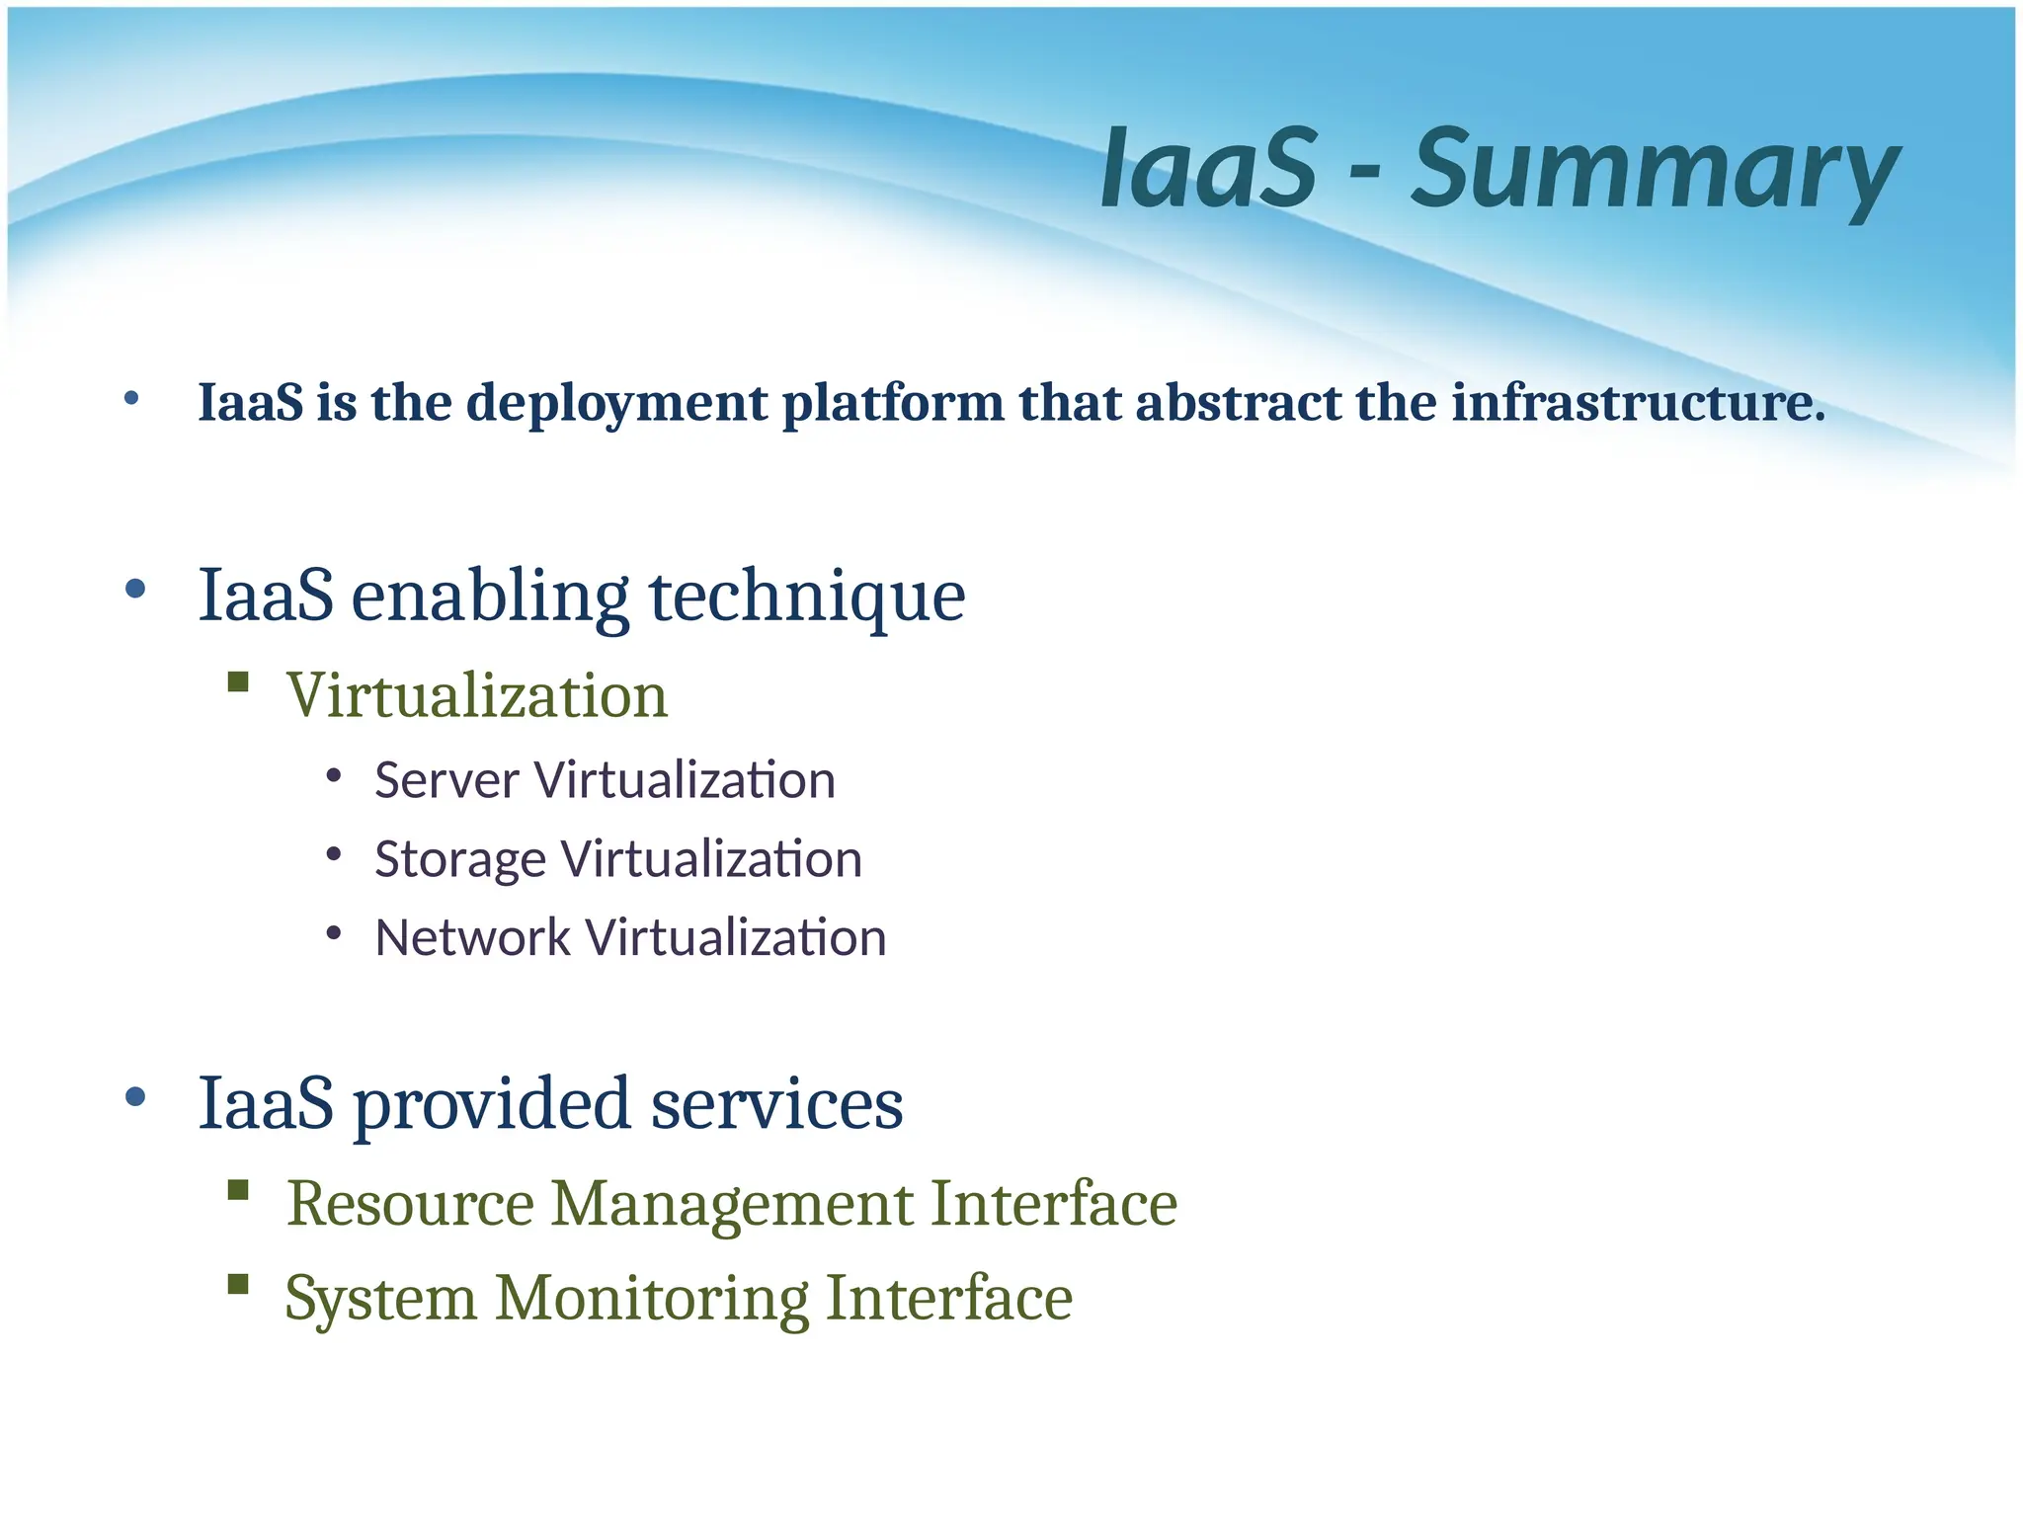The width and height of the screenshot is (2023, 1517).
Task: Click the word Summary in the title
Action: (1655, 170)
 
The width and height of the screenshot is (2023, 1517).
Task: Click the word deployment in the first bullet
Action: (616, 403)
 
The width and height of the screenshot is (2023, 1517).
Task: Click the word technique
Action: (807, 598)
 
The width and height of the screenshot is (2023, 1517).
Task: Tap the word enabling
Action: (490, 598)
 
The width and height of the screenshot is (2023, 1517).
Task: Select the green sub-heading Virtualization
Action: (477, 695)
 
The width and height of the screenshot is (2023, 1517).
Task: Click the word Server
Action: (446, 780)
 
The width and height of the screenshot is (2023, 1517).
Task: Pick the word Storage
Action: (459, 859)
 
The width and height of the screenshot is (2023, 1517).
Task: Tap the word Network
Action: (472, 937)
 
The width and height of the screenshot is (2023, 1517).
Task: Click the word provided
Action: (491, 1104)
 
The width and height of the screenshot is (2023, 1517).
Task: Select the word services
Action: (776, 1104)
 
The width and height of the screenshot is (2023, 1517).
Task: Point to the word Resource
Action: (410, 1204)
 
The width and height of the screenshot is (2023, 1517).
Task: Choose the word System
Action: (381, 1299)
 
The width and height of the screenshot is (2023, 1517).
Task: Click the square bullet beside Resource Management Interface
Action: (238, 1189)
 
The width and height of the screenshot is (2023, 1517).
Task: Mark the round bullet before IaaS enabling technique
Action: (135, 590)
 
